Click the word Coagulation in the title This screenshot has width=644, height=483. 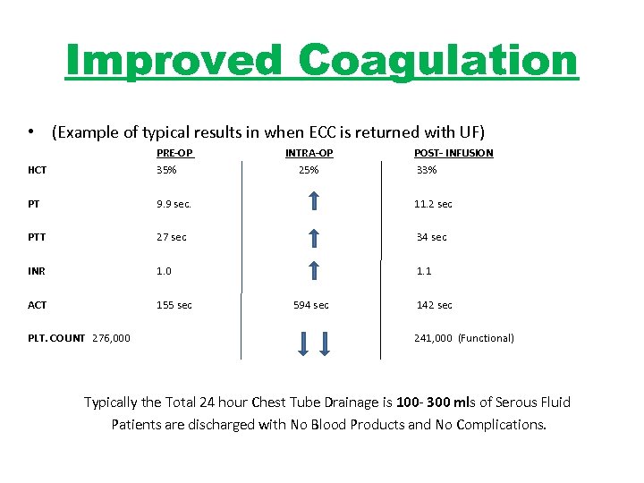[438, 61]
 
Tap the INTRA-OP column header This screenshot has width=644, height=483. [309, 153]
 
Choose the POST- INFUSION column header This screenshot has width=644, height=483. [453, 153]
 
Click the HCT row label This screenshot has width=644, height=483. [37, 170]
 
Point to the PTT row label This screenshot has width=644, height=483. [37, 237]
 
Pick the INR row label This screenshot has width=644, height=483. [37, 271]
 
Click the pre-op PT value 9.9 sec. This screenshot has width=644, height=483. [174, 204]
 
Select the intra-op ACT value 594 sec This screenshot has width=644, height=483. [310, 305]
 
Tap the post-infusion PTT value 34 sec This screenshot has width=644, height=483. [431, 237]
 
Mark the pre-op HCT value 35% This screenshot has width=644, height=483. [166, 170]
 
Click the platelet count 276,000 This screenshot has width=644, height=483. [111, 338]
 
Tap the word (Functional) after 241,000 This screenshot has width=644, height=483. [486, 338]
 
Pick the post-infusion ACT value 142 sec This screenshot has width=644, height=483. [434, 305]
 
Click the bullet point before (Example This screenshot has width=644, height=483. [31, 132]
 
